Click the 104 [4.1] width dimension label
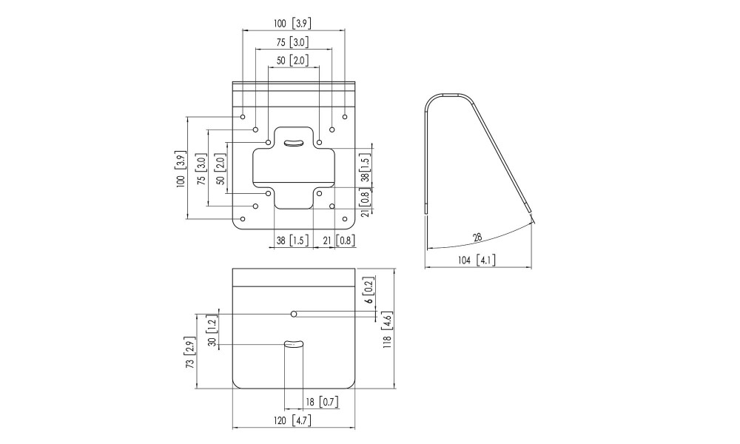pyautogui.click(x=477, y=260)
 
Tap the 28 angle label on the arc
pyautogui.click(x=477, y=238)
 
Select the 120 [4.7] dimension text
pyautogui.click(x=293, y=420)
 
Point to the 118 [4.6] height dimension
pyautogui.click(x=387, y=330)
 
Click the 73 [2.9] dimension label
pyautogui.click(x=189, y=354)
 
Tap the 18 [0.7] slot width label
pyautogui.click(x=322, y=402)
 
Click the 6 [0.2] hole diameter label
pyautogui.click(x=369, y=289)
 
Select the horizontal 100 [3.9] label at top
pyautogui.click(x=293, y=23)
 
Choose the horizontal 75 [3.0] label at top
pyautogui.click(x=293, y=42)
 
